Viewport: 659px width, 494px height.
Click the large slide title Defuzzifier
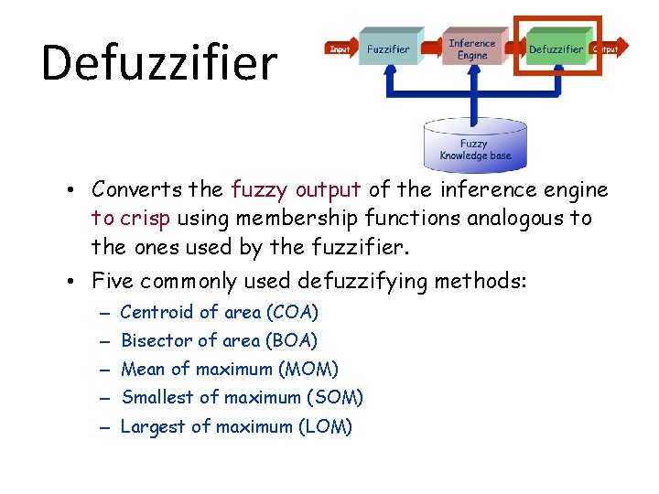pos(158,62)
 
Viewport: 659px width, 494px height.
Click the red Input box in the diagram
pos(340,48)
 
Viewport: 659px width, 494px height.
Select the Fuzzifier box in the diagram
pos(388,48)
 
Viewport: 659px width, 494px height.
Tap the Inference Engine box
pos(472,48)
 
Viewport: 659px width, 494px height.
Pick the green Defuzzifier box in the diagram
pos(556,48)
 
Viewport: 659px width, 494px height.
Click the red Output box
pos(605,48)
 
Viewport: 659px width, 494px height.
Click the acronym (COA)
pos(291,313)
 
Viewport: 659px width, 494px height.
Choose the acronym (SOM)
pos(336,398)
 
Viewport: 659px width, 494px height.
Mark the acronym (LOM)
pos(325,426)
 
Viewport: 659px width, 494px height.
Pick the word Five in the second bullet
pos(112,282)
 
